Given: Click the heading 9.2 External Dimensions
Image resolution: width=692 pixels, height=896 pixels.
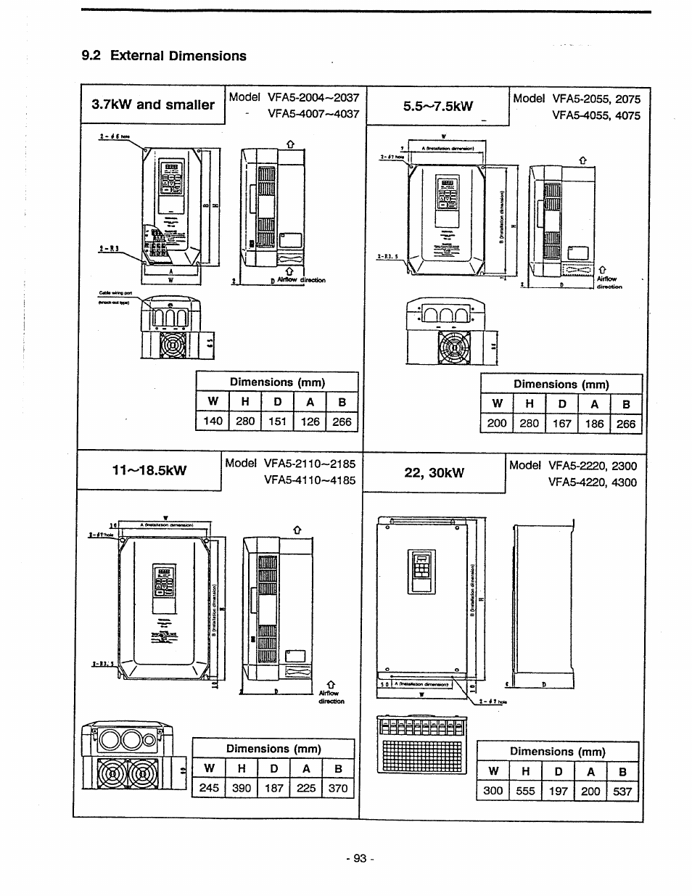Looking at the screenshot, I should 163,56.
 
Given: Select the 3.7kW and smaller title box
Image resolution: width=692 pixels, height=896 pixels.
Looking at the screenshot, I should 153,104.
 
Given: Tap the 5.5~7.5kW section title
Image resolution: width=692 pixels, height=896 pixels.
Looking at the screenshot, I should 437,107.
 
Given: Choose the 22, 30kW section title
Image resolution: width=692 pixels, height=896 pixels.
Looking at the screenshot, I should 434,473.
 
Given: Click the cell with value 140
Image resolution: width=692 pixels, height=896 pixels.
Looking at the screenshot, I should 213,422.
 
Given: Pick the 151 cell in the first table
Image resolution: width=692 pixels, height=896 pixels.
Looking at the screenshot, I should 278,422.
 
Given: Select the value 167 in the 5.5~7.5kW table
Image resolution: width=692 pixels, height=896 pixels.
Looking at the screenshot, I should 561,423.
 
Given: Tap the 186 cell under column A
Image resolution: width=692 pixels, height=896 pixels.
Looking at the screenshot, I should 594,423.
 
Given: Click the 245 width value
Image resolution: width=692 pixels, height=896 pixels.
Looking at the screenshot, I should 208,788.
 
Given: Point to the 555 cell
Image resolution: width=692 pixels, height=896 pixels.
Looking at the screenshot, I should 525,791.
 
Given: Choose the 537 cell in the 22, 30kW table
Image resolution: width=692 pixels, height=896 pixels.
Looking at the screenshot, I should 622,791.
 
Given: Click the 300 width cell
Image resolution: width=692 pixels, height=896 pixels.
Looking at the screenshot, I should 493,791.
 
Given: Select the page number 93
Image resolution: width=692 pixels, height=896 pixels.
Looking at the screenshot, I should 360,858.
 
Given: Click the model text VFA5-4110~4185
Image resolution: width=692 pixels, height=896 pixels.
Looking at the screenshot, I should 310,480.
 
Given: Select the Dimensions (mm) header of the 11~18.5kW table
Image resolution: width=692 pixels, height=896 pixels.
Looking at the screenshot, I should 273,749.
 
